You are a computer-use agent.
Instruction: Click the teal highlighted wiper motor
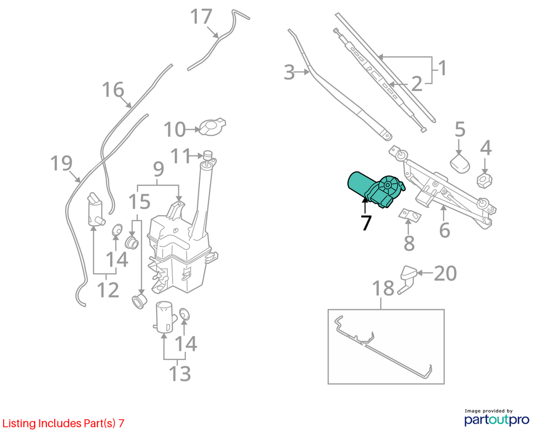376,189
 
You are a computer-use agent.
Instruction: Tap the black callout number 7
366,223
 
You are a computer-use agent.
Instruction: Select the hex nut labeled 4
485,180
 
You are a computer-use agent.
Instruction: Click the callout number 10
175,129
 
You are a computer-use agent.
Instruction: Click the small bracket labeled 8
410,214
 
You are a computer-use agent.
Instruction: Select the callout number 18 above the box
383,288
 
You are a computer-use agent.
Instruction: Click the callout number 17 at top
201,16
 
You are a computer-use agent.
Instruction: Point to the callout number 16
113,89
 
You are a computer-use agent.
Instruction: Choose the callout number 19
62,163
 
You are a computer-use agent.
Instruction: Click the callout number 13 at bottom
180,373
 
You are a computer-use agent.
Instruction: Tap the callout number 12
108,290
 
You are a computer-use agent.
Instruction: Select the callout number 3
290,72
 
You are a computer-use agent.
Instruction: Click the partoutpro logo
497,418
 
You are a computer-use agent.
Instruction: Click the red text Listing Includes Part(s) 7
63,423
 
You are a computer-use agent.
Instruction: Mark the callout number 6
444,230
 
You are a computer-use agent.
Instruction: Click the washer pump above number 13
165,317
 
